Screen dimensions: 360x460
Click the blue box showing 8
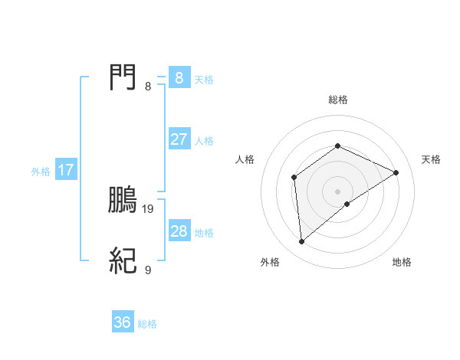[179, 78]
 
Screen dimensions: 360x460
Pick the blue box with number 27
[179, 139]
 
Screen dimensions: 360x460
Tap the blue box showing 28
[179, 231]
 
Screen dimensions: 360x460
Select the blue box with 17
[66, 170]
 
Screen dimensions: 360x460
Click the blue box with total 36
[123, 322]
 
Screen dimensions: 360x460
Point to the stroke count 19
[149, 208]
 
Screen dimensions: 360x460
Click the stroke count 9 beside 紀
[148, 270]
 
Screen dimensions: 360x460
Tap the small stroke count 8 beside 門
[148, 86]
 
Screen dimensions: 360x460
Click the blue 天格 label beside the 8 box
[204, 80]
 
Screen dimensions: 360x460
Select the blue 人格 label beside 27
[204, 141]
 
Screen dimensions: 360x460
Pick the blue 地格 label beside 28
[204, 233]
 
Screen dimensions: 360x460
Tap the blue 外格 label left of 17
[41, 172]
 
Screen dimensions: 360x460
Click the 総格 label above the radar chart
[337, 100]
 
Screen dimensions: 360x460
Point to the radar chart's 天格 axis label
[431, 159]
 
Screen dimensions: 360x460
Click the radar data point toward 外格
[302, 242]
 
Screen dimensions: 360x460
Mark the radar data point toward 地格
[347, 204]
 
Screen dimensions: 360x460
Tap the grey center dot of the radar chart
[337, 191]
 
